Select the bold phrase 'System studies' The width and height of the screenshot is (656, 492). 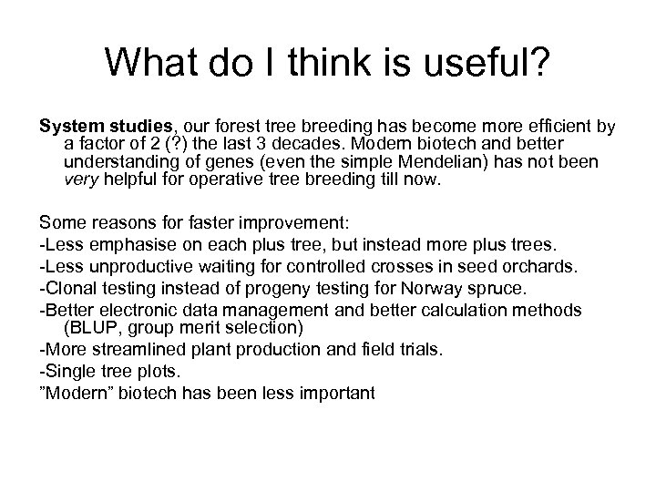pos(95,126)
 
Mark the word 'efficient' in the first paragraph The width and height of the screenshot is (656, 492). pos(563,126)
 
